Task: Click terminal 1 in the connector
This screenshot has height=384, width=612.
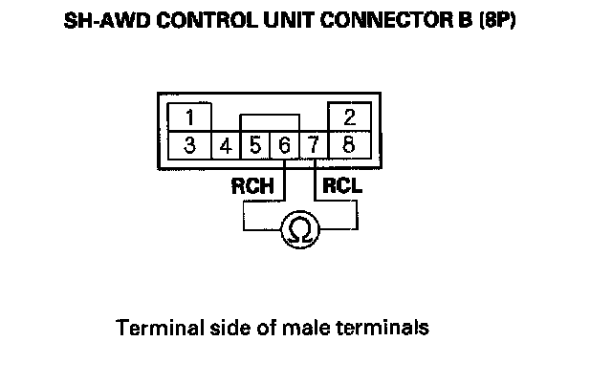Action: pos(191,118)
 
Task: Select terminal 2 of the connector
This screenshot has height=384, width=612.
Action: pos(348,118)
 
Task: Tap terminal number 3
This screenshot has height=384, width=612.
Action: pos(191,146)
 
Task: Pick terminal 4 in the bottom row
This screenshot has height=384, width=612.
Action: pos(226,147)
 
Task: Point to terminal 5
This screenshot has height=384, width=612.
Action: pos(255,147)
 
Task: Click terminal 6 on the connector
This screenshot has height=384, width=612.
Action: pos(284,147)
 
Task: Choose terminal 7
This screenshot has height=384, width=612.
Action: pos(314,147)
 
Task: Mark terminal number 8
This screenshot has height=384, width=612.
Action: pos(348,146)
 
